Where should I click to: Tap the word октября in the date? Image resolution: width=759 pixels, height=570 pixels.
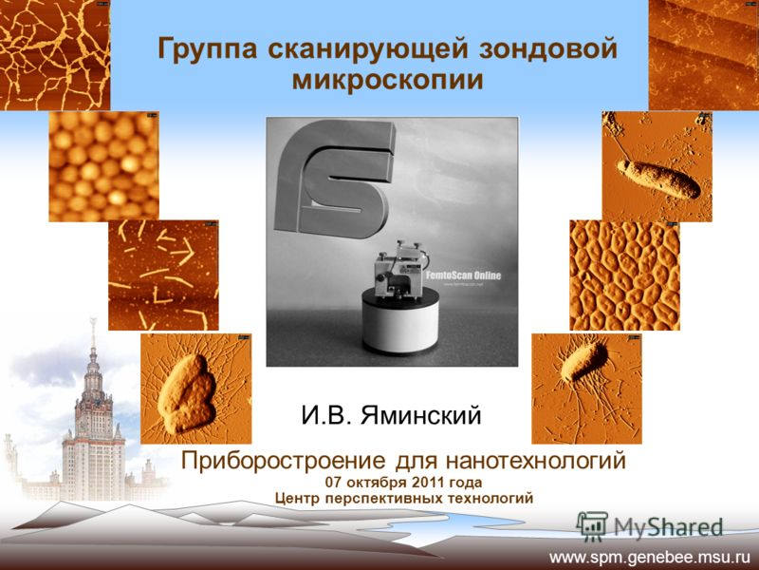coord(376,483)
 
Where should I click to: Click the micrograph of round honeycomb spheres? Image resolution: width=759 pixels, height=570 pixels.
coord(103,166)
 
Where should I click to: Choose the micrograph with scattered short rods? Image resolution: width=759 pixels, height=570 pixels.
coord(163,275)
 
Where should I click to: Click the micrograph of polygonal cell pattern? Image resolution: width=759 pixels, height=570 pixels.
coord(624,275)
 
